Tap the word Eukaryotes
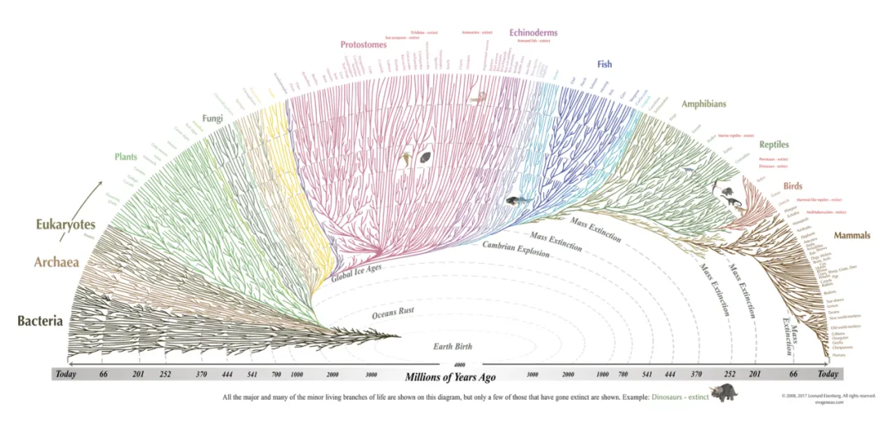click(x=65, y=224)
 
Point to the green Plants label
click(x=126, y=156)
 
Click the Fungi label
click(x=213, y=119)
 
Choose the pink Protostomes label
click(x=363, y=45)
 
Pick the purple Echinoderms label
click(x=533, y=33)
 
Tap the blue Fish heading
click(x=604, y=64)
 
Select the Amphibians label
click(x=704, y=104)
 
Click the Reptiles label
click(x=774, y=145)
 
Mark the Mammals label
click(x=852, y=236)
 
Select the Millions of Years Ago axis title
click(x=446, y=376)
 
